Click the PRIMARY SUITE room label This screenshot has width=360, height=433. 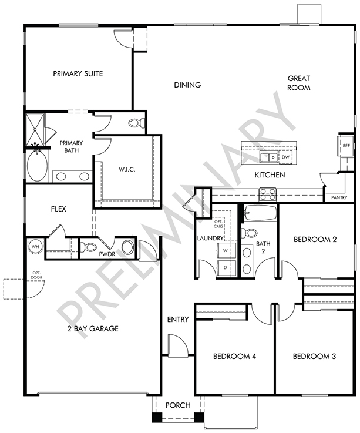tap(78, 73)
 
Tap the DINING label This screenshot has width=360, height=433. tap(187, 85)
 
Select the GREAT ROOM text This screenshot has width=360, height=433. tap(299, 83)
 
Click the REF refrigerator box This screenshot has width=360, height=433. tap(346, 146)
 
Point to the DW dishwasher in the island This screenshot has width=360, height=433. tap(286, 157)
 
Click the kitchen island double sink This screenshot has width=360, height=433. tap(268, 157)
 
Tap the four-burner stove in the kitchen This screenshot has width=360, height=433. tap(267, 194)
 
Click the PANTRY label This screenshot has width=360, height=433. tap(339, 197)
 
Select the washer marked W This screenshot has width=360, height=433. tap(226, 250)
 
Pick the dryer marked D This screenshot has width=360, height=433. tap(226, 267)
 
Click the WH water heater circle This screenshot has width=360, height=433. tap(35, 246)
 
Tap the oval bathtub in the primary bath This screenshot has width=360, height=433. tap(37, 166)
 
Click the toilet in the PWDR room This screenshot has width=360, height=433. tap(88, 247)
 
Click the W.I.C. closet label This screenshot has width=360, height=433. tap(127, 170)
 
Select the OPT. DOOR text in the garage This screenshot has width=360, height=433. tap(37, 275)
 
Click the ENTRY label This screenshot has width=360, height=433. tap(178, 320)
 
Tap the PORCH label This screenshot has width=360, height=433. tap(178, 405)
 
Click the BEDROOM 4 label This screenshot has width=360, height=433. tap(235, 356)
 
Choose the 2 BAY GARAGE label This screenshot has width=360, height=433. tap(93, 328)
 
